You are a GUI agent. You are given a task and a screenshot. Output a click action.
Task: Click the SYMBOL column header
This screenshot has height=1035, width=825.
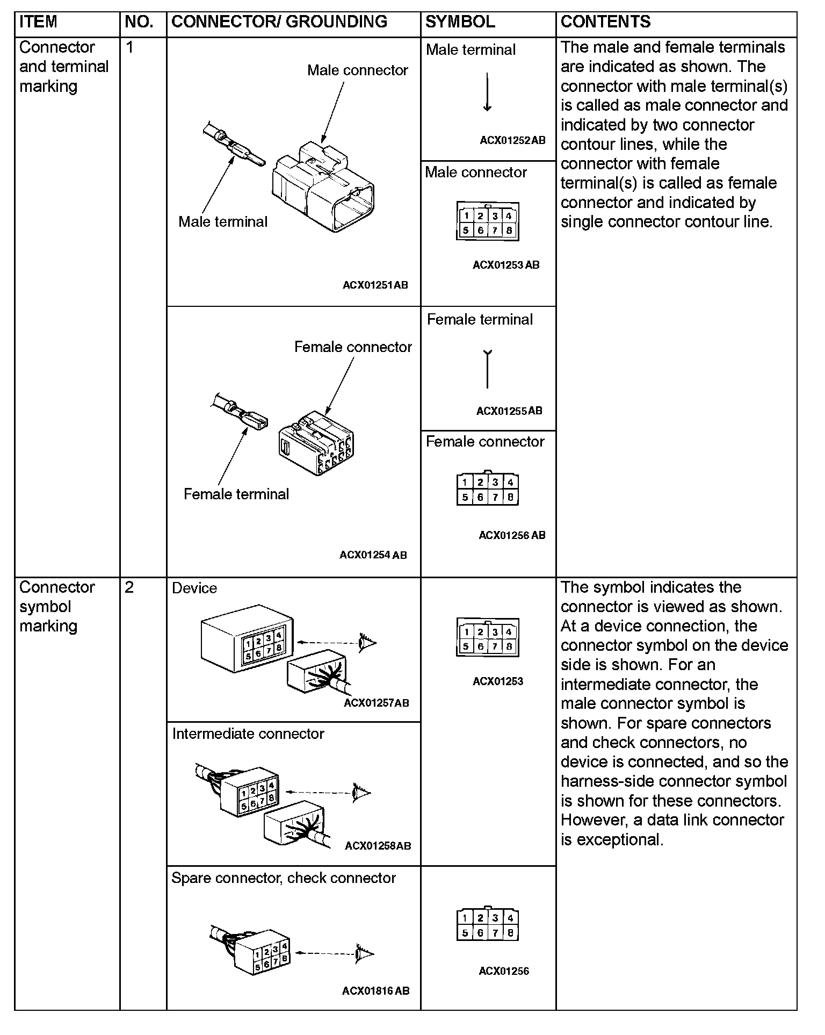click(460, 22)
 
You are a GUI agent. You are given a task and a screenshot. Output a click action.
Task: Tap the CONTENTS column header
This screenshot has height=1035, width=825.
click(605, 22)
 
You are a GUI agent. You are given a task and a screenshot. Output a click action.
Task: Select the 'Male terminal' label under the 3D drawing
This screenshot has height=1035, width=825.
click(222, 222)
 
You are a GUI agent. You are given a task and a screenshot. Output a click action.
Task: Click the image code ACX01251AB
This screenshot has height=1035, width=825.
click(375, 285)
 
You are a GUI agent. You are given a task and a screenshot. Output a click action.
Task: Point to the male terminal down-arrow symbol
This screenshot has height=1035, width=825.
click(487, 92)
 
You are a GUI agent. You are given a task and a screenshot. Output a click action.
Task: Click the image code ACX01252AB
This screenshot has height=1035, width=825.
click(512, 141)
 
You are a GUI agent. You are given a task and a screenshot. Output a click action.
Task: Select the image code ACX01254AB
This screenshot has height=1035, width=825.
click(373, 555)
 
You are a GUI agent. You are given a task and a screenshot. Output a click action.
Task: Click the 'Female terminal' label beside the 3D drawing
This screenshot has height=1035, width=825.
click(236, 494)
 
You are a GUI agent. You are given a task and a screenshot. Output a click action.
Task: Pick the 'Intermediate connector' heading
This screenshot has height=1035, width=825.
click(248, 734)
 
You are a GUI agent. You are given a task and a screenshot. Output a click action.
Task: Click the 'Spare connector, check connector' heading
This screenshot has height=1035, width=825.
click(283, 878)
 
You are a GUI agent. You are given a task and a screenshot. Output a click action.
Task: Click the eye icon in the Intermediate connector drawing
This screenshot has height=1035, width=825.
click(361, 792)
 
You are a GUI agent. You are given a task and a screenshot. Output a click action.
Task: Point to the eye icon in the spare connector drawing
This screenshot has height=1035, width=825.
click(364, 953)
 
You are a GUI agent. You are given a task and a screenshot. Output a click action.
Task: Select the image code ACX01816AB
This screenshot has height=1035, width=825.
click(375, 991)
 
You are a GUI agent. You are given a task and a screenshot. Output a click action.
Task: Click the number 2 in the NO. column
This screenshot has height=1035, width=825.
click(129, 587)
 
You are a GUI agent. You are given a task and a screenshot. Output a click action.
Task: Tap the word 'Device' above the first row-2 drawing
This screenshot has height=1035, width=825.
click(194, 588)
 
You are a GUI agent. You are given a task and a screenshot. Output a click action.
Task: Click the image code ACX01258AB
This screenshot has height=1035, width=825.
click(378, 846)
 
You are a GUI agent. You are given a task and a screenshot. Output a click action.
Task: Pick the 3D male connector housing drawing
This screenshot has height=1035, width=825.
click(322, 185)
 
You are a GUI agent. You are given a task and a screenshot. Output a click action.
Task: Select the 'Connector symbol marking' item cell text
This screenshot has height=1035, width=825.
click(56, 607)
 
